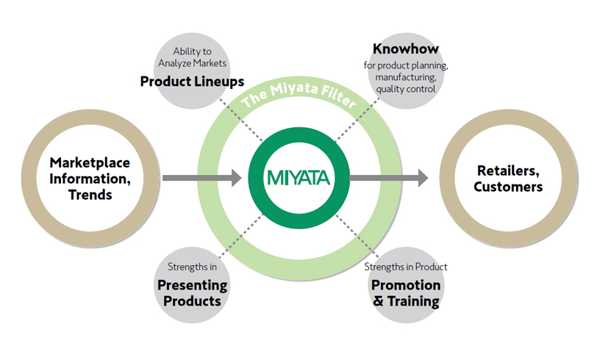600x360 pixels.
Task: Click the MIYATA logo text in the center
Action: click(299, 178)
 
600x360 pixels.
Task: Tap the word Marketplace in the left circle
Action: click(90, 163)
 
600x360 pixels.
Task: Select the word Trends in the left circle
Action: click(90, 195)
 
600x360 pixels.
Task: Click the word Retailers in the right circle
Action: click(508, 171)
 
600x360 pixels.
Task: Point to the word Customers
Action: click(508, 187)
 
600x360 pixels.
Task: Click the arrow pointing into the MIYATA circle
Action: click(202, 178)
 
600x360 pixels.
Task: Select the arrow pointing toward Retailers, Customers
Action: click(389, 178)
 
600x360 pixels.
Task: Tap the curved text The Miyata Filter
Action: click(299, 93)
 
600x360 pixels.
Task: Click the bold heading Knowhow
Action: click(406, 49)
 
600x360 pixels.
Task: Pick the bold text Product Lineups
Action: click(192, 82)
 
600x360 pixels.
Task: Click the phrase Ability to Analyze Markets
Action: click(192, 57)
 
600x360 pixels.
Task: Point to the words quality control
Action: click(406, 89)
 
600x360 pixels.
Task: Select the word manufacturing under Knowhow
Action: click(406, 77)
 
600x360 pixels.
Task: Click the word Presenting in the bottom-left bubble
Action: click(192, 286)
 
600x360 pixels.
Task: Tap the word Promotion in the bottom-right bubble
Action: click(406, 285)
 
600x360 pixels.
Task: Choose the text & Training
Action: click(406, 301)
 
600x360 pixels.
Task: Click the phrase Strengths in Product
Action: click(406, 267)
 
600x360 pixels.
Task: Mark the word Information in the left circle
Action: click(90, 179)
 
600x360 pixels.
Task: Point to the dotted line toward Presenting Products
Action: click(241, 236)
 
